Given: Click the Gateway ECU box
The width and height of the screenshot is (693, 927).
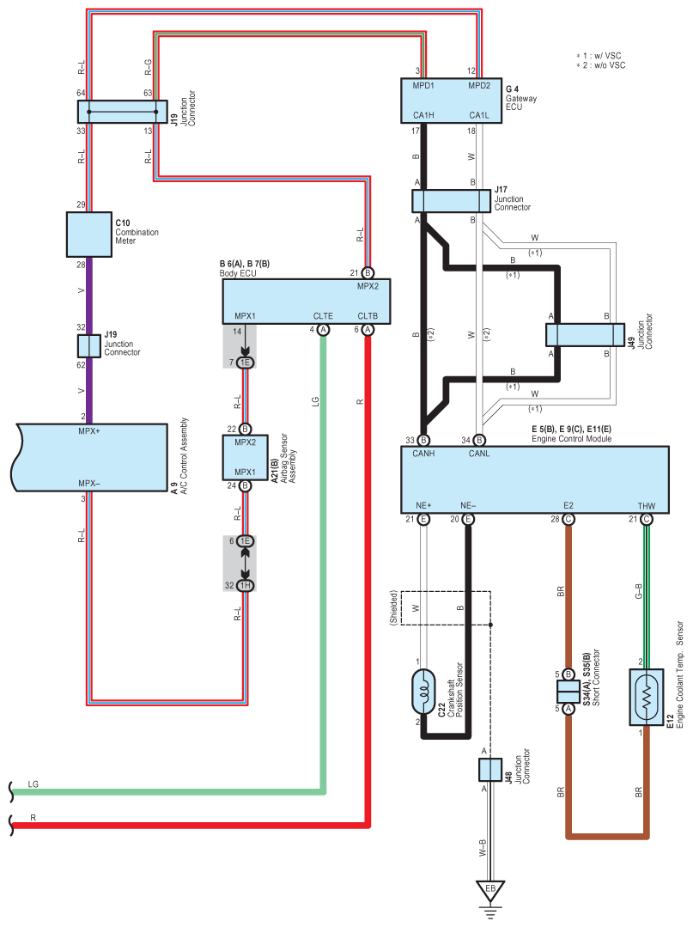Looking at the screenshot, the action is point(452,101).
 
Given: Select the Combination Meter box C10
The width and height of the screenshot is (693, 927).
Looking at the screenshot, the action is point(89,235).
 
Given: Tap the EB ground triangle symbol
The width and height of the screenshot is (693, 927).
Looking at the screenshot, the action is point(489,890).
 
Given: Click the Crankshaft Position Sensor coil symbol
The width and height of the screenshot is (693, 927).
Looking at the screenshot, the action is point(423,691).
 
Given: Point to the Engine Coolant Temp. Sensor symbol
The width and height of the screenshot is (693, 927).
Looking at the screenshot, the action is point(647,697).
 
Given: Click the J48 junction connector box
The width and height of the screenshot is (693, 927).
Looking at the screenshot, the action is point(489,770).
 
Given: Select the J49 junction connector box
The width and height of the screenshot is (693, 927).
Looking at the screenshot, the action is point(585,334).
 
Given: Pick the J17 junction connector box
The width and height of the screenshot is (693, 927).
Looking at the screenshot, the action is point(452,201).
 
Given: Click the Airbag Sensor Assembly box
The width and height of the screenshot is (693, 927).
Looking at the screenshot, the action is point(246,458).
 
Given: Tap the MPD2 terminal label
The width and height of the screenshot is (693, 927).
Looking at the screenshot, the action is point(479,86).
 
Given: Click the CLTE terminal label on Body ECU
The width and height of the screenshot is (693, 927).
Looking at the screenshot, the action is point(323,316).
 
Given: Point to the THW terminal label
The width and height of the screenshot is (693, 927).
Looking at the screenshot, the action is point(647,506).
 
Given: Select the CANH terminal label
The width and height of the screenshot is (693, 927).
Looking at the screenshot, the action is point(423,454).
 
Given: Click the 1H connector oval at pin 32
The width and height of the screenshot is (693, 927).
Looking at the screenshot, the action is point(246,585).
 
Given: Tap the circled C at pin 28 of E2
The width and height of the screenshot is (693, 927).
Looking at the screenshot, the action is point(568,519).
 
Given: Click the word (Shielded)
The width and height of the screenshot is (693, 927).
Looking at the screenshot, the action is point(393,607).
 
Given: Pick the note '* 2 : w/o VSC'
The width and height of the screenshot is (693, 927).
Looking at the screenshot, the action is point(601,65).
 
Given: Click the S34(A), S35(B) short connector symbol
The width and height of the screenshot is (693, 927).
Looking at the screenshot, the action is point(568,691).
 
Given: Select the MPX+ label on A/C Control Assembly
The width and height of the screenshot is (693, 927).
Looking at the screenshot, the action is point(89,431).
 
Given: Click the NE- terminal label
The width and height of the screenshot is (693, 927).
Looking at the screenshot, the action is point(468,505).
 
